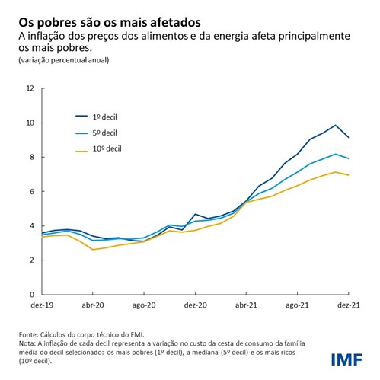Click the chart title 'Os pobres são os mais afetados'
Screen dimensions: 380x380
click(111, 15)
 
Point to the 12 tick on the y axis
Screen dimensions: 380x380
click(31, 88)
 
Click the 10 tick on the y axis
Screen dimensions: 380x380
click(31, 123)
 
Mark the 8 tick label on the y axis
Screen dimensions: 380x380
click(33, 157)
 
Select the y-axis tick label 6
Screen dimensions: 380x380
click(33, 191)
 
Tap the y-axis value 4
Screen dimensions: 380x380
click(33, 225)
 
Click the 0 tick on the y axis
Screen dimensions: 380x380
click(33, 294)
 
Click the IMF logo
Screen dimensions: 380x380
click(346, 359)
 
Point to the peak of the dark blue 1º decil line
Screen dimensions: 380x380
click(335, 125)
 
